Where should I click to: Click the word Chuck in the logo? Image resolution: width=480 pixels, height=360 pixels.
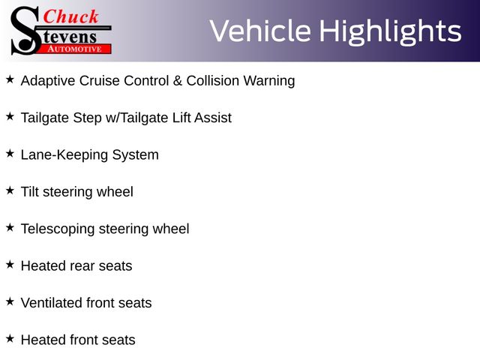point(70,16)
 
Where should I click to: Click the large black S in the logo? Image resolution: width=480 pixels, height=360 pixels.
point(26,31)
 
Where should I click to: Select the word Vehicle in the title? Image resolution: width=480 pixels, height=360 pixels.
point(260,31)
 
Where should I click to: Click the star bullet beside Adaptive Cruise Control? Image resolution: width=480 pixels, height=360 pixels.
point(10,79)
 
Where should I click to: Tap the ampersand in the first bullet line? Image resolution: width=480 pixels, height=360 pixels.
point(178,81)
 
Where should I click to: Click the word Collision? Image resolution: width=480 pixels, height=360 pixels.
point(213,81)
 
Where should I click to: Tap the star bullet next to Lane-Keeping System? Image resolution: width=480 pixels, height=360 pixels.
point(10,154)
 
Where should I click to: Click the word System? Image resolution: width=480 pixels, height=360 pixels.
point(135,155)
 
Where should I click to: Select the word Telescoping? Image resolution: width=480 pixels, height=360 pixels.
point(58,229)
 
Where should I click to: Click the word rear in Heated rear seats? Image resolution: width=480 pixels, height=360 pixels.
point(82,266)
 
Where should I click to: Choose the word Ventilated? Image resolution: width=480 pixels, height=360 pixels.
point(52,303)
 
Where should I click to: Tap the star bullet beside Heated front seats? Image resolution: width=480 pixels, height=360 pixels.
point(10,339)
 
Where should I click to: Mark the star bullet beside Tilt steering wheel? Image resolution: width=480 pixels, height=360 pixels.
point(10,190)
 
